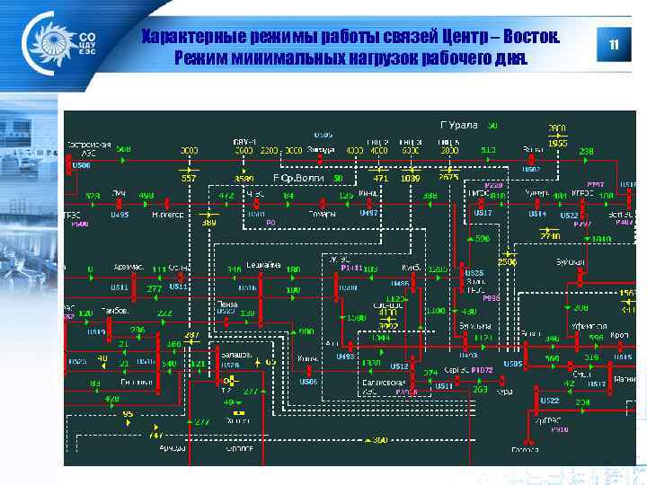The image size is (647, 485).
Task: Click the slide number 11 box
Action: pos(615,45)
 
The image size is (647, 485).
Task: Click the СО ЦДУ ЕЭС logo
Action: pos(63,44)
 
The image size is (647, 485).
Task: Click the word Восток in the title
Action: pos(531,38)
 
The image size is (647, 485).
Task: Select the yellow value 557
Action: pos(189,178)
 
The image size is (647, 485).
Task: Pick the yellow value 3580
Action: pos(244,178)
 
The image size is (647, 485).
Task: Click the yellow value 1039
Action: pos(411,178)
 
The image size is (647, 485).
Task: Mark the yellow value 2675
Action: pos(448,178)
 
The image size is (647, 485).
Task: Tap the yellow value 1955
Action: pos(558,143)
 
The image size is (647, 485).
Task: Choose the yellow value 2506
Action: pos(508,261)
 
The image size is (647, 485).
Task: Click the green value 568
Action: pos(123,149)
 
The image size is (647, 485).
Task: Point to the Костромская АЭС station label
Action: pos(90,148)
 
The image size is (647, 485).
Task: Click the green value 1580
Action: pos(357,317)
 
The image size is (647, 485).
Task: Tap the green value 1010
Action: pos(602,239)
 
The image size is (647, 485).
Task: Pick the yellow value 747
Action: pos(132,433)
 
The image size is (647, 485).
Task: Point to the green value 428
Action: pos(111,398)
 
